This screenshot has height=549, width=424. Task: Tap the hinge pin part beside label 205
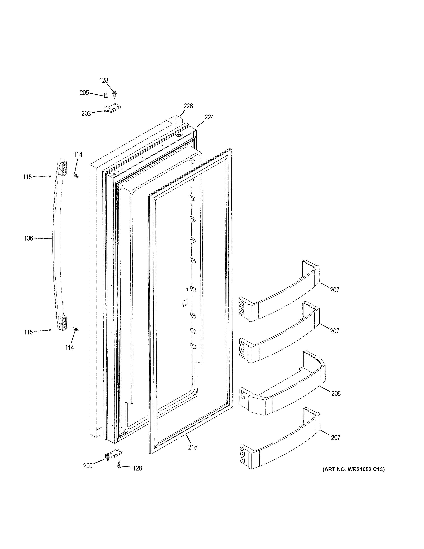coord(105,95)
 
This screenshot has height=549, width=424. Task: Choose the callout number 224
coord(209,117)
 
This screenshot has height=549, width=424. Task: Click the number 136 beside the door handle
coord(28,238)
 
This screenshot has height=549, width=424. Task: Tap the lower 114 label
coord(70,347)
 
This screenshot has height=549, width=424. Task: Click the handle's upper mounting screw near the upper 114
coord(75,175)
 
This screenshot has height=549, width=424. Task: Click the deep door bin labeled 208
coord(281,385)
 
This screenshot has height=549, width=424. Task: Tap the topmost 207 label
coord(335,290)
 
